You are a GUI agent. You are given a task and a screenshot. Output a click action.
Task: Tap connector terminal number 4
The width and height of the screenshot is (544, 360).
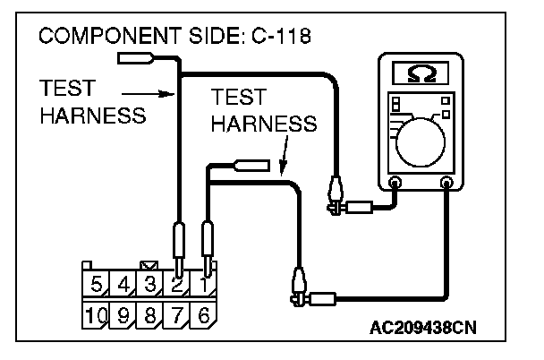pyautogui.click(x=124, y=287)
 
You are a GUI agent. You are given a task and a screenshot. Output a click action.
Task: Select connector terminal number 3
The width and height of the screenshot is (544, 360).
pyautogui.click(x=151, y=287)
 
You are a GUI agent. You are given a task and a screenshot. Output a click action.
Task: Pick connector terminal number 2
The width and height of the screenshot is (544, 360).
pyautogui.click(x=177, y=287)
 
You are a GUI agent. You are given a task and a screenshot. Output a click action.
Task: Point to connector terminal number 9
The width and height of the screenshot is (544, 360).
pyautogui.click(x=124, y=314)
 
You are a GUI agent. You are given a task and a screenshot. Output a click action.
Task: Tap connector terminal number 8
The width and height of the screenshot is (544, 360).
pyautogui.click(x=151, y=314)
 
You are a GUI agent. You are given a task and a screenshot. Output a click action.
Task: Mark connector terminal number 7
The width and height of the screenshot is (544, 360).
pyautogui.click(x=177, y=314)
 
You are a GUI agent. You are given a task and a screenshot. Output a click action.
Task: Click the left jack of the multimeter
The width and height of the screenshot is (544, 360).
pyautogui.click(x=395, y=184)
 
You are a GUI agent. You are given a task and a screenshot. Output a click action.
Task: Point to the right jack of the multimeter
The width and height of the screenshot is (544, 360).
pyautogui.click(x=447, y=184)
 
